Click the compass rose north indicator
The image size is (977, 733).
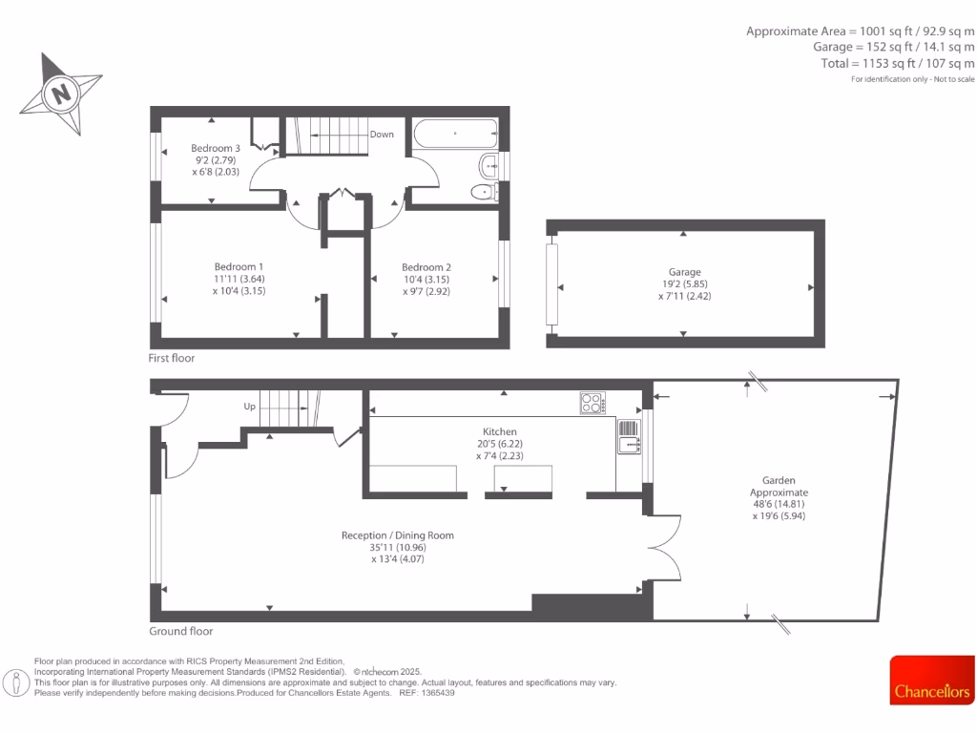[63, 94]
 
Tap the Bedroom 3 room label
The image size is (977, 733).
[215, 149]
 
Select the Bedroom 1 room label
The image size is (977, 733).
[239, 266]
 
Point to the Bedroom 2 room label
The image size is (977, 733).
[426, 267]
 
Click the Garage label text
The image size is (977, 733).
[683, 272]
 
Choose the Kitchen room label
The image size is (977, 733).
[500, 432]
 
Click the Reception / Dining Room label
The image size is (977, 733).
[398, 535]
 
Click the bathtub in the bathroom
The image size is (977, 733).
[454, 134]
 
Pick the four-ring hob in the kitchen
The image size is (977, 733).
[592, 404]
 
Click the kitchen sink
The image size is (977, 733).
[631, 444]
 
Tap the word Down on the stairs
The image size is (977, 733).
[382, 135]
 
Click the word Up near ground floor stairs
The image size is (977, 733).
[250, 407]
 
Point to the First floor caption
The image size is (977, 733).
[172, 358]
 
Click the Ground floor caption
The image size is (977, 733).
[181, 631]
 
